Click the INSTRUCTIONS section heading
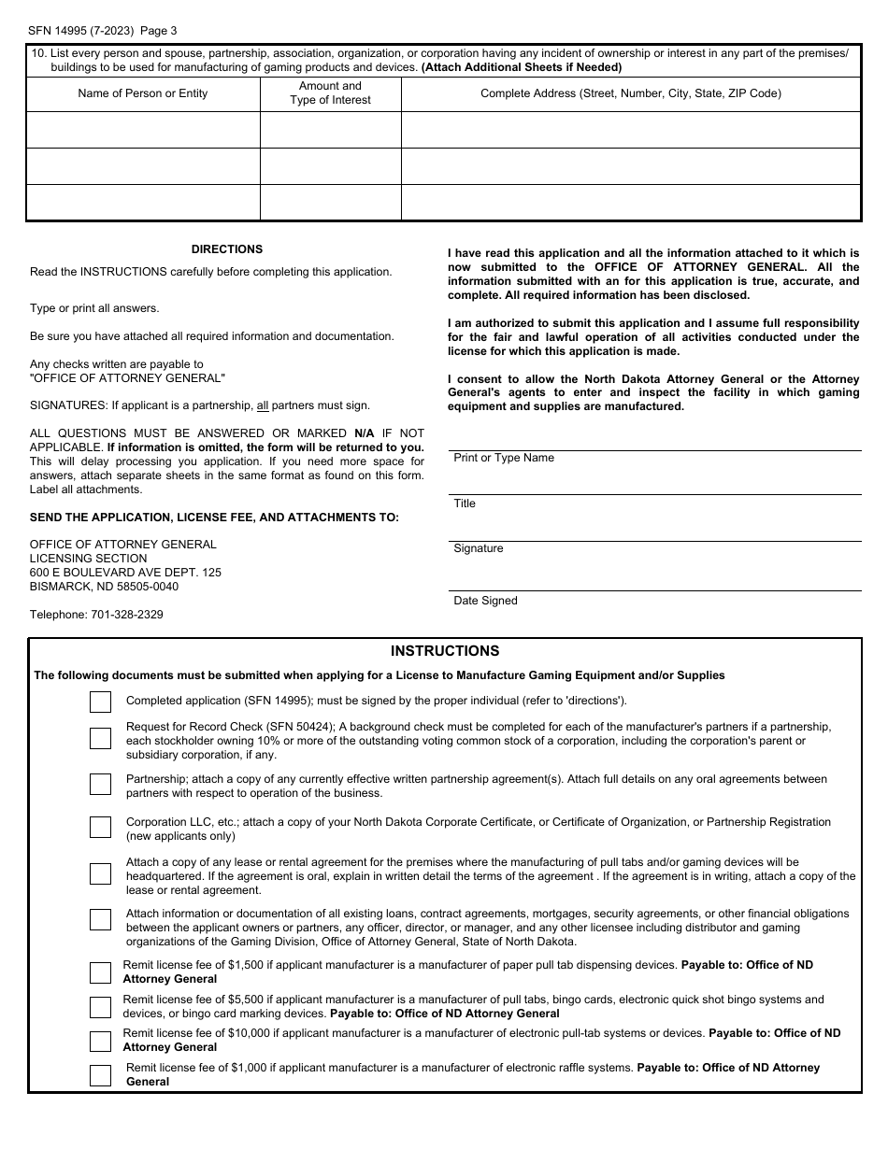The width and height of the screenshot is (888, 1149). click(x=445, y=651)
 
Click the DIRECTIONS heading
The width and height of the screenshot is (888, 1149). click(x=227, y=249)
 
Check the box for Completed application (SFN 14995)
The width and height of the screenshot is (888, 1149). click(x=100, y=702)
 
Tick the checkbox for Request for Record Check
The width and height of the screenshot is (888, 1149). click(x=100, y=738)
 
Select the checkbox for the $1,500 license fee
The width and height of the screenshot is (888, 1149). click(x=100, y=972)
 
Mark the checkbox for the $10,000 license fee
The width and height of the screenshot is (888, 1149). click(x=100, y=1041)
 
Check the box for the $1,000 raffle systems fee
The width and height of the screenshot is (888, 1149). click(x=100, y=1075)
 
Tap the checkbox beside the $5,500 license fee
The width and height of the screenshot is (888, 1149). click(x=100, y=1007)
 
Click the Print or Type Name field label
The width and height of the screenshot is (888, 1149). click(x=504, y=458)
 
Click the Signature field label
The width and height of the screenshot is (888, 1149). click(x=479, y=548)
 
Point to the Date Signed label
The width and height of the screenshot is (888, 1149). click(x=485, y=601)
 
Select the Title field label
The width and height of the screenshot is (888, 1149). click(x=465, y=504)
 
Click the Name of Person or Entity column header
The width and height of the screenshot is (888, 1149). click(x=143, y=93)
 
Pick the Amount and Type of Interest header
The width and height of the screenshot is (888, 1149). click(x=330, y=93)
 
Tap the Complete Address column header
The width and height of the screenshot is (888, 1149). click(x=631, y=93)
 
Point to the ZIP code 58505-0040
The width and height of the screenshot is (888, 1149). click(x=145, y=587)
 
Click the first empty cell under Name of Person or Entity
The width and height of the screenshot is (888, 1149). click(x=143, y=130)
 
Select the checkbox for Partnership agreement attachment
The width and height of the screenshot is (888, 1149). click(x=100, y=784)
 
